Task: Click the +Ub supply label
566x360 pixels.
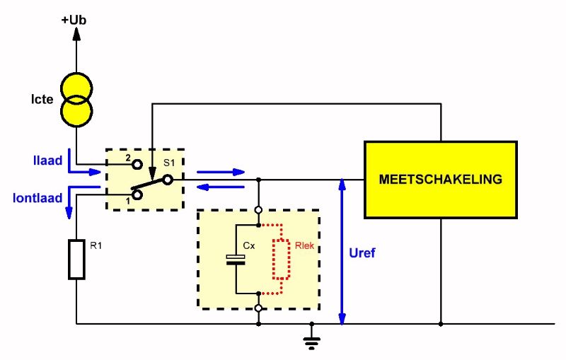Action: (74, 20)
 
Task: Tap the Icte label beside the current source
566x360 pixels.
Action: (42, 99)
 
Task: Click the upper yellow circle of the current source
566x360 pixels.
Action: (76, 88)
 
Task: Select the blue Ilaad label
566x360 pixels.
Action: (47, 160)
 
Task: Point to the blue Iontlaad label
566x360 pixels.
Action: (37, 198)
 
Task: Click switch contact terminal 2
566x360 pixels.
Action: (137, 165)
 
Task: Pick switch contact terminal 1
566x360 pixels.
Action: (137, 194)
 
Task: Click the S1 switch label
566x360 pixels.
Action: (169, 163)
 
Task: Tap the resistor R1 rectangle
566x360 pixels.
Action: (76, 260)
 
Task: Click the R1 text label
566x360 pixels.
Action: (96, 246)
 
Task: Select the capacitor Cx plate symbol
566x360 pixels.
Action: (236, 260)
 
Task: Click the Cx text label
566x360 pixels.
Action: (249, 246)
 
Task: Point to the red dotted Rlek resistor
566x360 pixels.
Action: (281, 260)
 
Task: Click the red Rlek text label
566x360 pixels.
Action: (304, 246)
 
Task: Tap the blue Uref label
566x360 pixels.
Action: (362, 253)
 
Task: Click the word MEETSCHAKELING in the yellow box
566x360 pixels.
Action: (440, 179)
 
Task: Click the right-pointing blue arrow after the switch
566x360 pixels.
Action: (221, 172)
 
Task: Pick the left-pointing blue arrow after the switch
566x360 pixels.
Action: (221, 187)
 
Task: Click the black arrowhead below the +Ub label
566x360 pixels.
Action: (76, 33)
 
